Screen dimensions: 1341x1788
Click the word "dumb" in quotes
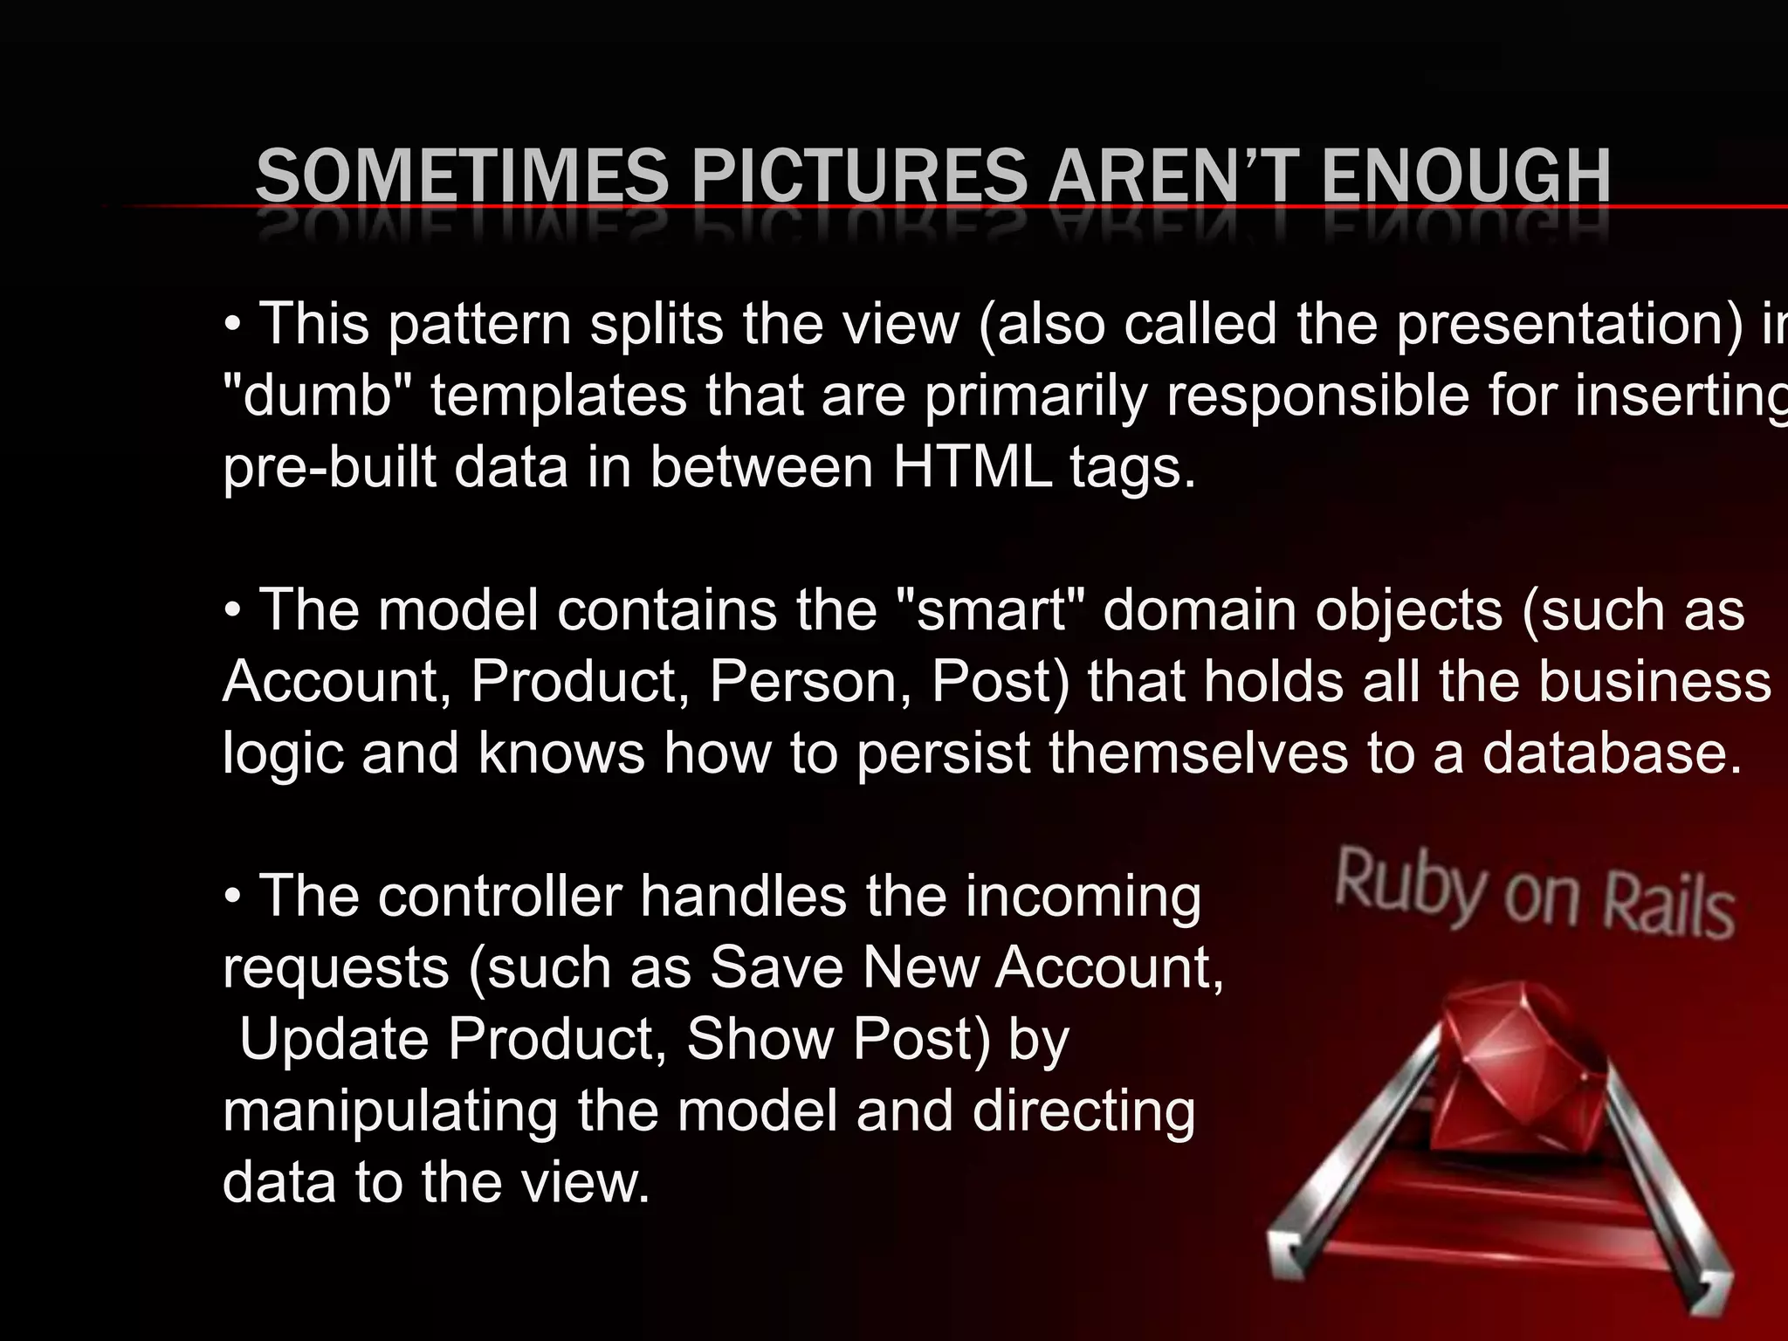click(x=318, y=395)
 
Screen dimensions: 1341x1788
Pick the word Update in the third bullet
click(x=335, y=1039)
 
